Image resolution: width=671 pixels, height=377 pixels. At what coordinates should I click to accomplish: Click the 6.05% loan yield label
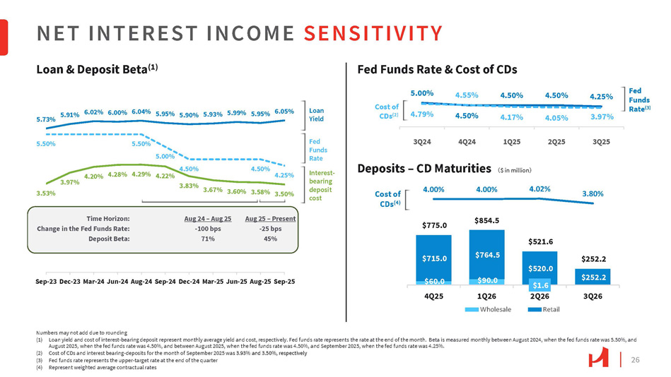[x=284, y=112]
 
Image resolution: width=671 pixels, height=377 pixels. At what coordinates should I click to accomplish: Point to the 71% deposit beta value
[x=207, y=239]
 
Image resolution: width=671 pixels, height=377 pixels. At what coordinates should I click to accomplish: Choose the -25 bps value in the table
[x=269, y=228]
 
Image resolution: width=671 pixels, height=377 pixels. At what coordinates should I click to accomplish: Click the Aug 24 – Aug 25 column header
[x=207, y=218]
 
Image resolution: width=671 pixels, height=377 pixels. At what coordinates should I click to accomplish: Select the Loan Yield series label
[x=317, y=114]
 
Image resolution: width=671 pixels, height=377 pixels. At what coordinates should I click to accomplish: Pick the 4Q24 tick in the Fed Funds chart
[x=467, y=141]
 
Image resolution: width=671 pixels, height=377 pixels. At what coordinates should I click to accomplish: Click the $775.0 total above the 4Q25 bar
[x=435, y=225]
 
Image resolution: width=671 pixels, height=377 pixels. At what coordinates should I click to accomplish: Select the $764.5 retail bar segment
[x=486, y=254]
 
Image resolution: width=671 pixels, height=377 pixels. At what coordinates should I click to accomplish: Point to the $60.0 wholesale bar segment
[x=435, y=280]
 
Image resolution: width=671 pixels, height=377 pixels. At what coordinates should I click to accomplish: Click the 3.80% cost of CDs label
[x=594, y=192]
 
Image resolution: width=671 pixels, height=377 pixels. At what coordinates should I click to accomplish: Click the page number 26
[x=634, y=360]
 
